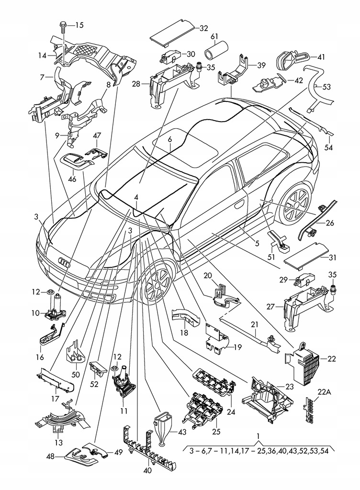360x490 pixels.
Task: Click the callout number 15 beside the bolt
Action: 79,25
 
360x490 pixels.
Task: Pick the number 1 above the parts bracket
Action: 259,436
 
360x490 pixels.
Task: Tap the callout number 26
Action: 330,223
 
